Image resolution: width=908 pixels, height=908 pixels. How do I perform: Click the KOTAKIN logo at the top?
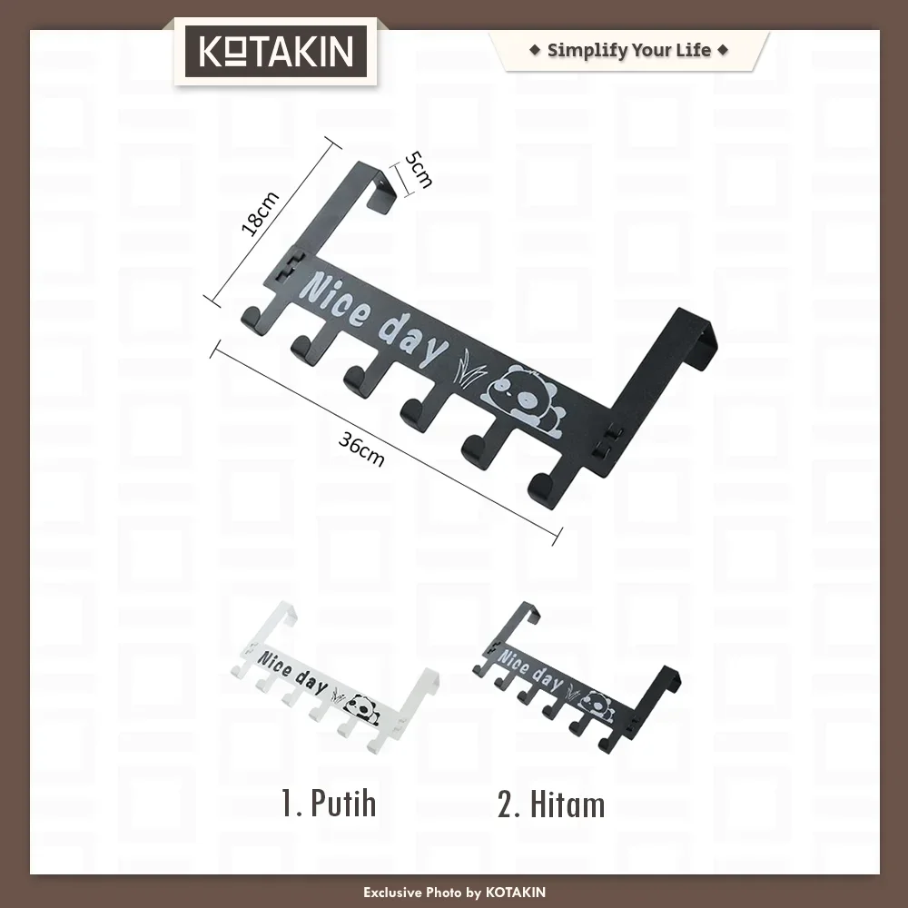pyautogui.click(x=276, y=51)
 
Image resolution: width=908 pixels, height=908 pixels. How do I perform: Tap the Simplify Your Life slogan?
pyautogui.click(x=629, y=50)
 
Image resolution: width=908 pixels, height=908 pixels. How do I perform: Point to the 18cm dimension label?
pyautogui.click(x=260, y=213)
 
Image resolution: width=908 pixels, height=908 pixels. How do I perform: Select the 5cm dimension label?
pyautogui.click(x=418, y=170)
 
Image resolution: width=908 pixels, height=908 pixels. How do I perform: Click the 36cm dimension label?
pyautogui.click(x=360, y=449)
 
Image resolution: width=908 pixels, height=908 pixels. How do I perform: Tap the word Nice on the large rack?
pyautogui.click(x=337, y=301)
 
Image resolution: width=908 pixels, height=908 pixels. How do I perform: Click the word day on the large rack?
pyautogui.click(x=413, y=341)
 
